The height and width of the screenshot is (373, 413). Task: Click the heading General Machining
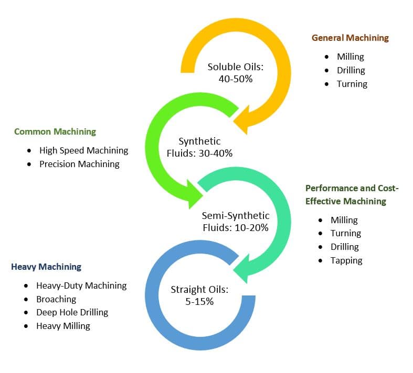tap(350, 38)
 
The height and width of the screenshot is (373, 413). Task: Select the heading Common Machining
tap(55, 131)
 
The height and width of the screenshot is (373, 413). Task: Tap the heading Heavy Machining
tap(46, 267)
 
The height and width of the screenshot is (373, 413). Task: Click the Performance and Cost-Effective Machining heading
tap(356, 194)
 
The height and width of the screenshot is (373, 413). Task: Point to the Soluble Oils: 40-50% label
tap(236, 72)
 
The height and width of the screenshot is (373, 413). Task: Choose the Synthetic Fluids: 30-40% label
tap(206, 147)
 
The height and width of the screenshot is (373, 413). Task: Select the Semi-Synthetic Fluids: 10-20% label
tap(236, 222)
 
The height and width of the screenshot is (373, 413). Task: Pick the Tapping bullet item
tap(346, 260)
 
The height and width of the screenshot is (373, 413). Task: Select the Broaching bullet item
tap(56, 299)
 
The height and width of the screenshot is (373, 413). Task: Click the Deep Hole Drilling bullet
tap(72, 312)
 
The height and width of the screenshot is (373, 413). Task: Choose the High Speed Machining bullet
tap(83, 150)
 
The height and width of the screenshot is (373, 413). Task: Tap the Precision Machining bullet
tap(79, 164)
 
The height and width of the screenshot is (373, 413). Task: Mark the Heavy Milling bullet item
tap(63, 326)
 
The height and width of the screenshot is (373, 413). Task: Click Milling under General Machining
tap(350, 57)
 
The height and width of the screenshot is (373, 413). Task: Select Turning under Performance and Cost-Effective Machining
tap(345, 233)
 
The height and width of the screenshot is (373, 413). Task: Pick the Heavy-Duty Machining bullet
tap(81, 286)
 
